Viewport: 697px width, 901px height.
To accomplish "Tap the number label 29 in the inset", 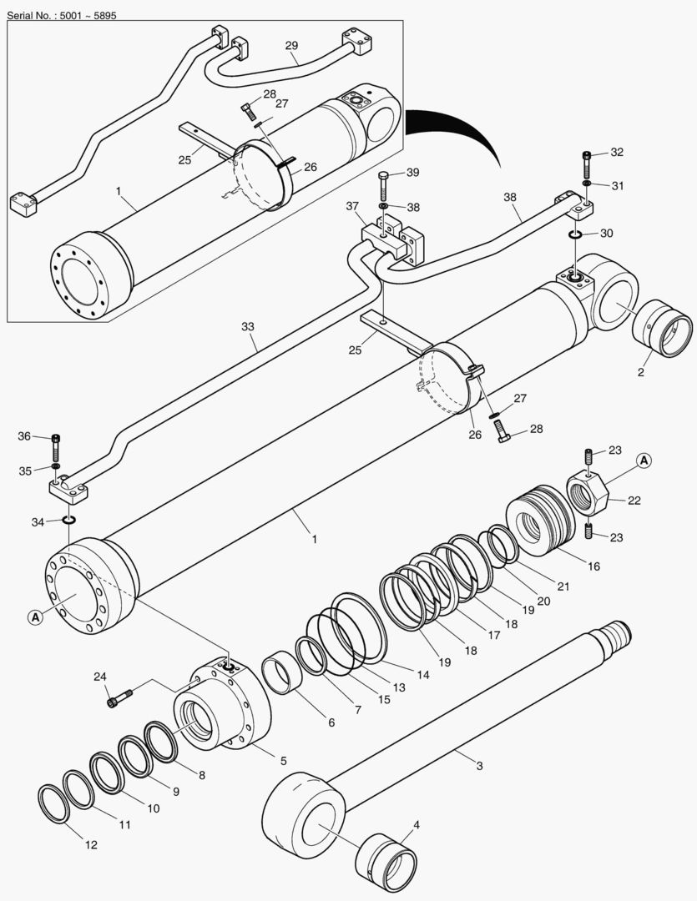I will point(291,44).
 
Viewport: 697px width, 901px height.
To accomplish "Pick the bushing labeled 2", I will point(664,329).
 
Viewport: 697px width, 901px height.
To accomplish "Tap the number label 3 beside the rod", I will point(479,765).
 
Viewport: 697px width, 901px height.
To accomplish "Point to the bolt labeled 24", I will point(119,697).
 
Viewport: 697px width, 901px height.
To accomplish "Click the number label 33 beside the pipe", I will point(247,328).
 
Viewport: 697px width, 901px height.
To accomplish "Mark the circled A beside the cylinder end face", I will point(34,617).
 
